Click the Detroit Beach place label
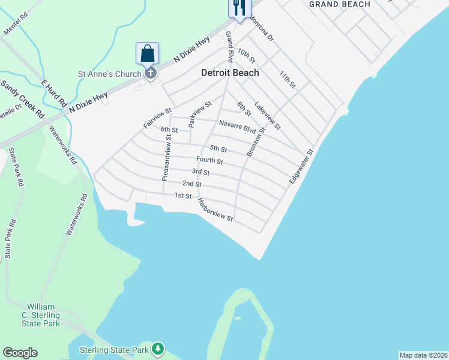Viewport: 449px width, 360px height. tap(229, 73)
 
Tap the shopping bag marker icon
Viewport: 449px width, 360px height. tap(148, 54)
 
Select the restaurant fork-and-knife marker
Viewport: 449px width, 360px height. tap(238, 7)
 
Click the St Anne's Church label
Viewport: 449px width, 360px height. tap(110, 74)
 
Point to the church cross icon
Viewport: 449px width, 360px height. tap(151, 74)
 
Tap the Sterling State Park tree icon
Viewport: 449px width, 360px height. tap(157, 348)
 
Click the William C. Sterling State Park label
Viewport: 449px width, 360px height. tap(43, 315)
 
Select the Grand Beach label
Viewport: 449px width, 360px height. tap(339, 4)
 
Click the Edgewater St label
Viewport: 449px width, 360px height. tap(301, 167)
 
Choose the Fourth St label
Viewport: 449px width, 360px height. tap(209, 161)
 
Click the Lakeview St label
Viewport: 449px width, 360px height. tap(267, 116)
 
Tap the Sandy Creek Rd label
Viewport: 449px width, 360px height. tap(22, 98)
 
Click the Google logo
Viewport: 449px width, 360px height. tap(20, 353)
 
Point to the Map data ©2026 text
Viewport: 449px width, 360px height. tap(423, 355)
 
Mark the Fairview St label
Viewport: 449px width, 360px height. tap(158, 118)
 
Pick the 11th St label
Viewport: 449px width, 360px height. tap(288, 79)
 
